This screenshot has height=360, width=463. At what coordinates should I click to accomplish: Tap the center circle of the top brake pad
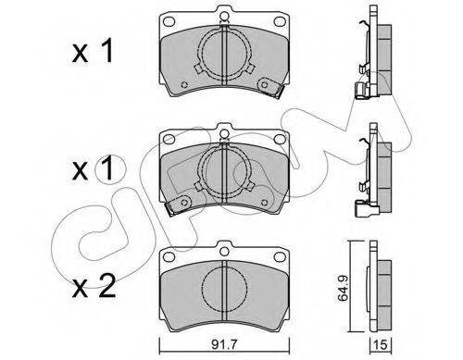221,57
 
